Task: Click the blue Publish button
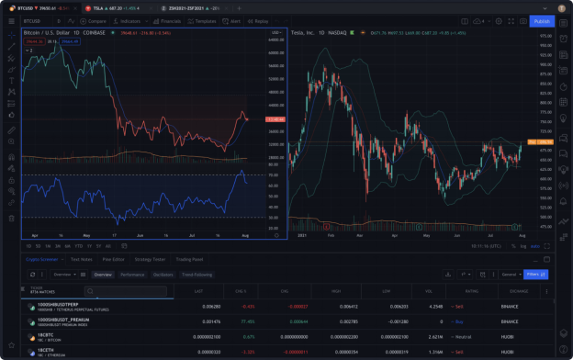(540, 20)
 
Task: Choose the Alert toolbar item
(233, 20)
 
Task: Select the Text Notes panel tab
(82, 260)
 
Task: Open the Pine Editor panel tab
(114, 260)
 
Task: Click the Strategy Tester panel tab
(152, 260)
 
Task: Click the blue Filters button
(536, 274)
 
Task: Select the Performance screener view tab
(132, 274)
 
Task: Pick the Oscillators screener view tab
(163, 274)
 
